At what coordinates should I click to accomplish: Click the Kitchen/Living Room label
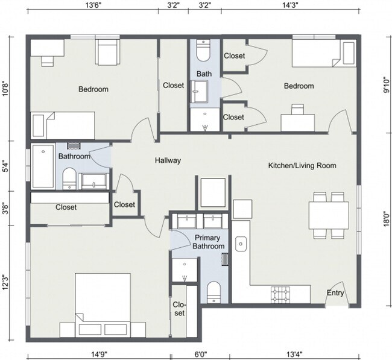tap(302, 165)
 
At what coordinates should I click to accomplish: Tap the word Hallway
tap(168, 160)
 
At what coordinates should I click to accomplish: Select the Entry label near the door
tap(335, 294)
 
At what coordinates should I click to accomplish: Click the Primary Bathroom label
tap(209, 242)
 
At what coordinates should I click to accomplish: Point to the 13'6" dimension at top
tap(92, 5)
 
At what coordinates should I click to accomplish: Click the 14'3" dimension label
tap(290, 5)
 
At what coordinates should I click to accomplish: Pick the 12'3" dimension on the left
tap(5, 282)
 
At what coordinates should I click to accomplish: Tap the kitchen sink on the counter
tap(241, 244)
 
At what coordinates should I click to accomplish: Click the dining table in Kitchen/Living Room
tap(329, 215)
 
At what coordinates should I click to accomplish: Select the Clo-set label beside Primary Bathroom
tap(179, 309)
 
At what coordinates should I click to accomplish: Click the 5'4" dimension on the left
tap(5, 165)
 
